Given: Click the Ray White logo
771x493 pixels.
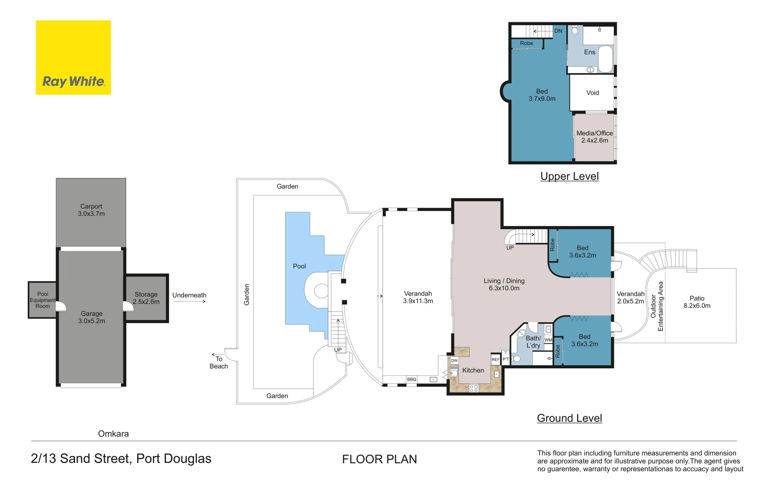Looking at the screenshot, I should tap(73, 58).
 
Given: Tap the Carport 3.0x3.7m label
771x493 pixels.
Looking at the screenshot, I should tap(91, 210).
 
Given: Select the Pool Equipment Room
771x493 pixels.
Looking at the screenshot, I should tap(43, 300).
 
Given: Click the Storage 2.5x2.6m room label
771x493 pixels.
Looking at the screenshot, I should tap(146, 298).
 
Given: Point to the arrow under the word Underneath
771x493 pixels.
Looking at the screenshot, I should tap(190, 302).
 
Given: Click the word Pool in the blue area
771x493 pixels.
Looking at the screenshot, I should tap(299, 266).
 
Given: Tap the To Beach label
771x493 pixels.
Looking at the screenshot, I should tap(219, 362).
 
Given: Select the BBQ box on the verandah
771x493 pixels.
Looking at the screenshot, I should tap(412, 379).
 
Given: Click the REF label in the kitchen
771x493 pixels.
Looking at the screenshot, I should tap(496, 360).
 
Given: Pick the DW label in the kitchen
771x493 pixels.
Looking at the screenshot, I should tap(454, 361).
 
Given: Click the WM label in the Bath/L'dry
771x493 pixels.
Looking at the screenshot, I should tap(548, 340).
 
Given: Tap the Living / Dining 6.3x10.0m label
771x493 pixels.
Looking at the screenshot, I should tap(504, 284).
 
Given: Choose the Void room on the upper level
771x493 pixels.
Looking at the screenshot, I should tap(592, 93).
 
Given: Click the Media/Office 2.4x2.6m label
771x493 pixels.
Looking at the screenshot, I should tap(595, 137).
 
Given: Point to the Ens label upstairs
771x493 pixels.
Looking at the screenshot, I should tap(590, 52).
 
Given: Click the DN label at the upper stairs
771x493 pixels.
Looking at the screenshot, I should tap(558, 31).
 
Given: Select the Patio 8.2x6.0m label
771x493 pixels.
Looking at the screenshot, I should tap(697, 302).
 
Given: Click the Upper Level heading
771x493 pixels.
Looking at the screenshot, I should tap(569, 176).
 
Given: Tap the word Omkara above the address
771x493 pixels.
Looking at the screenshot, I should tap(113, 434).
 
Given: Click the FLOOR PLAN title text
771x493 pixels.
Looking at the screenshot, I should tap(379, 459).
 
